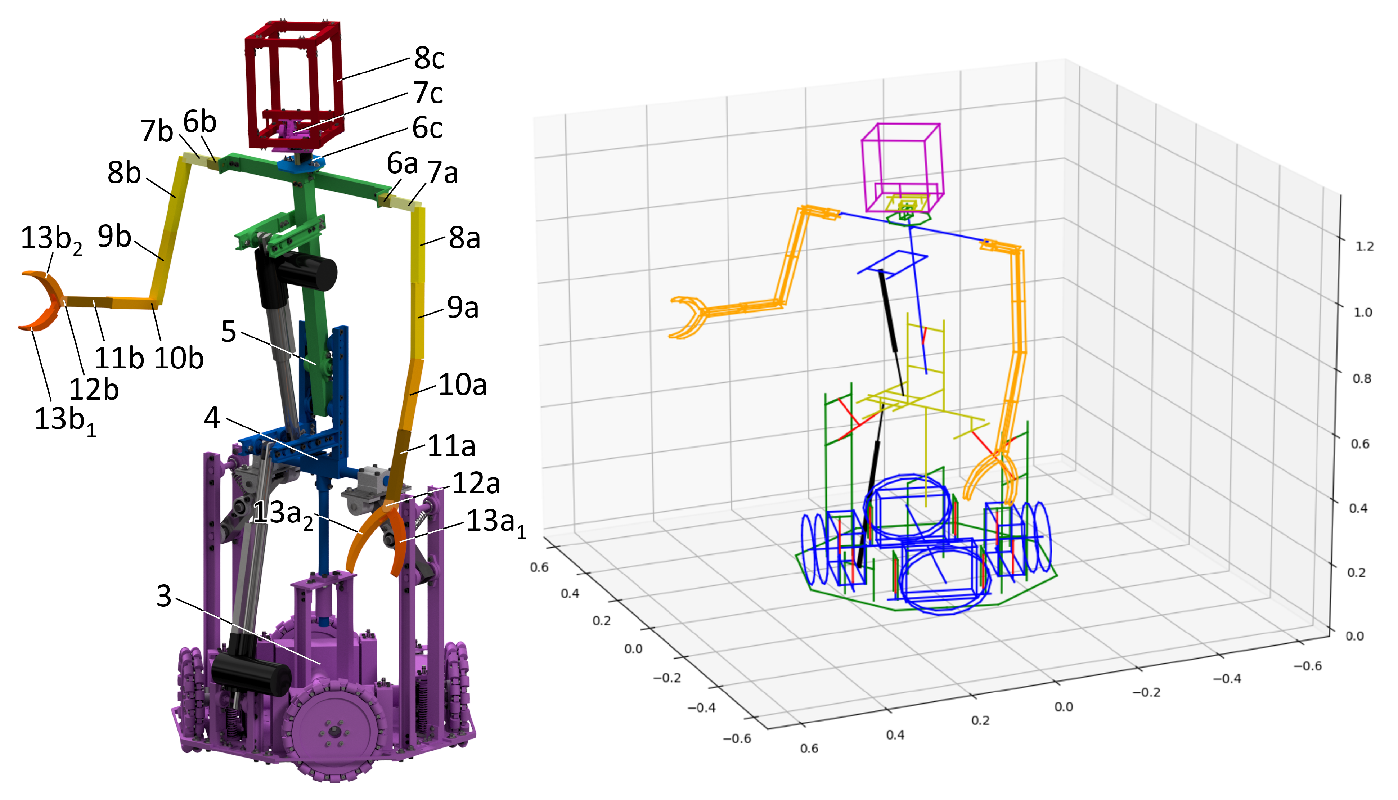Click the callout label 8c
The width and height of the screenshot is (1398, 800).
pyautogui.click(x=429, y=58)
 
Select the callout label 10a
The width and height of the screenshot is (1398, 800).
pyautogui.click(x=463, y=385)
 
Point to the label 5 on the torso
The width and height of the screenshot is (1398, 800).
pyautogui.click(x=229, y=332)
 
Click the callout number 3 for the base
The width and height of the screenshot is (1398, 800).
pyautogui.click(x=164, y=596)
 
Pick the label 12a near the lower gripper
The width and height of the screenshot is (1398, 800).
pyautogui.click(x=476, y=484)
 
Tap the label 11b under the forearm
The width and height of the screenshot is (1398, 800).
pyautogui.click(x=119, y=358)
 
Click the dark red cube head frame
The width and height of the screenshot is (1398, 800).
pyautogui.click(x=295, y=82)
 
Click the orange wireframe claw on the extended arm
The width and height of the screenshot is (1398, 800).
pyautogui.click(x=687, y=317)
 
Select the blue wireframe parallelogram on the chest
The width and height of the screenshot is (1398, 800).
pyautogui.click(x=893, y=264)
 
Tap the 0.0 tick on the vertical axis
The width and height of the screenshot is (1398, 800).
pyautogui.click(x=1354, y=636)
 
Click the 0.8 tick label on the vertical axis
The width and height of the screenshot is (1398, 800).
pyautogui.click(x=1362, y=378)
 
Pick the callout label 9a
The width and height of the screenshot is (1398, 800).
pyautogui.click(x=463, y=308)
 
